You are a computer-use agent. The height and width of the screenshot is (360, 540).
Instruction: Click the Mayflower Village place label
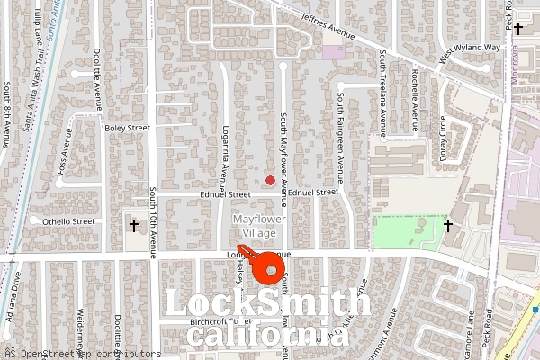(254, 226)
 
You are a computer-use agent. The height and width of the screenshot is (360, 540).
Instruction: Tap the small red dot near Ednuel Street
(270, 180)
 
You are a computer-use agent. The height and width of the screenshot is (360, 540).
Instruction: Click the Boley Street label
(127, 129)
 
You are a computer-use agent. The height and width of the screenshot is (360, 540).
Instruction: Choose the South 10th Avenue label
(153, 220)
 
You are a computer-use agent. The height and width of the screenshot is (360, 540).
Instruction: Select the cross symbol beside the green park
(448, 225)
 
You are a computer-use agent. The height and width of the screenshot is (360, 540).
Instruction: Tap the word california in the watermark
(267, 335)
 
